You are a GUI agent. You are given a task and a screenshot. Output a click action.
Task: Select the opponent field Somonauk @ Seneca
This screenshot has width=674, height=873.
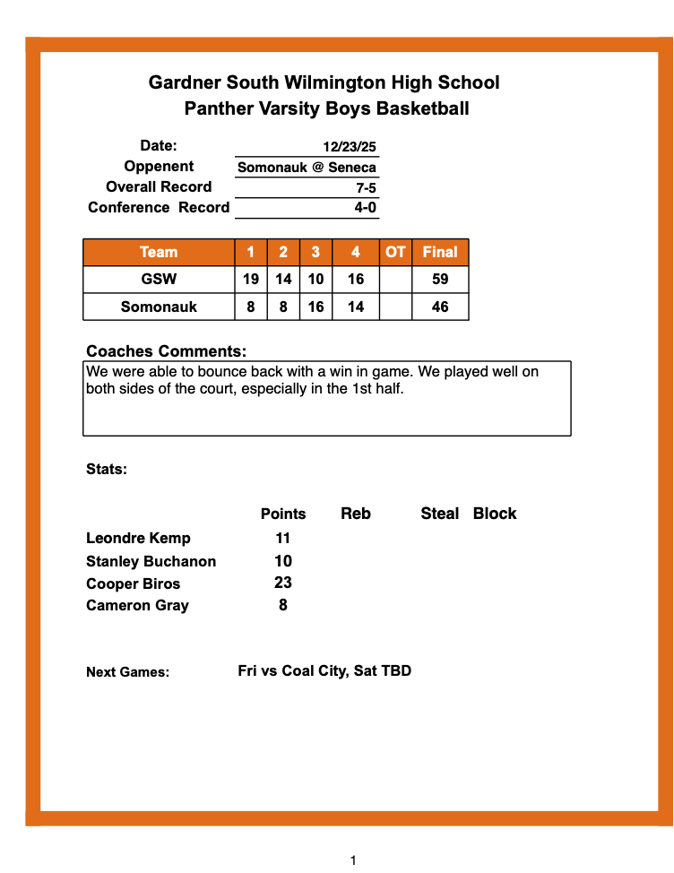point(307,168)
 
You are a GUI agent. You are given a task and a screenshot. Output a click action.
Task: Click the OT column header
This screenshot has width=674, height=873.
point(395,253)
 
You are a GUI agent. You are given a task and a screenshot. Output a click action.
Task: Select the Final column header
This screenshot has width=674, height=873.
point(440,253)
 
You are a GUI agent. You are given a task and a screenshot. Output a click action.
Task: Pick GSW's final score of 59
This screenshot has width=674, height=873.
point(440,280)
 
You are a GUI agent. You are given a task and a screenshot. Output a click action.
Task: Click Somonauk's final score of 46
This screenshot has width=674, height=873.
point(440,307)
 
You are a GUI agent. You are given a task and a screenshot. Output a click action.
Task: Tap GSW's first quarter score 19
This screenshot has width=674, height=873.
point(251,280)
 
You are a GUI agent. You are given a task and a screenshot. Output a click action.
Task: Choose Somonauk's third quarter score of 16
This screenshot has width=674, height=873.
point(315,307)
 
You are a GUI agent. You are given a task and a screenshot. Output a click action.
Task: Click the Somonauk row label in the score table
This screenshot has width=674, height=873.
point(159,307)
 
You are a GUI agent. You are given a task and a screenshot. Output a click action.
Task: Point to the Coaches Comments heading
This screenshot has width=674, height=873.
point(166,351)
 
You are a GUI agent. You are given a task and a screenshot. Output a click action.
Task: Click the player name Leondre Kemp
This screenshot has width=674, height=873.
point(138,539)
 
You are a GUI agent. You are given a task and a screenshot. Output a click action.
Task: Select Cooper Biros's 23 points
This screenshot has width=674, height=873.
point(283,583)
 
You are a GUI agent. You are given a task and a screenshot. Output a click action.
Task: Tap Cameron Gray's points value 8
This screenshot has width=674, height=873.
point(283,605)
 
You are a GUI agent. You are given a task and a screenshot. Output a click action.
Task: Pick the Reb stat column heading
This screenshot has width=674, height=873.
point(356,514)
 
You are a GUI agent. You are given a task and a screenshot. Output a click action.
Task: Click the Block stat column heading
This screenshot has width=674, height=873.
point(495,514)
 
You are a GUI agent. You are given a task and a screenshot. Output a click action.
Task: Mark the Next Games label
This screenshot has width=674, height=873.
point(127,672)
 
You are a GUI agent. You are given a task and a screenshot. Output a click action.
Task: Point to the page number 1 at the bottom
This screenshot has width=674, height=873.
point(353,860)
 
